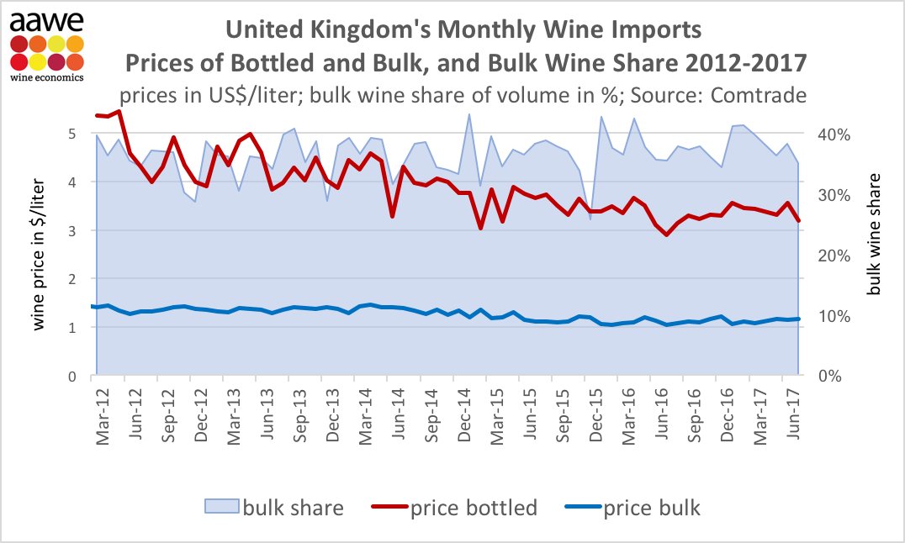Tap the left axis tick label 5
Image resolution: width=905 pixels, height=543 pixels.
[x=72, y=133]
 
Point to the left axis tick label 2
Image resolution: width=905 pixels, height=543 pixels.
[x=72, y=278]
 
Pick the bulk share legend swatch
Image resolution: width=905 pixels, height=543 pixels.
[x=221, y=508]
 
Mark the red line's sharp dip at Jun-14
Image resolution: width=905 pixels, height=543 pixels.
[x=393, y=216]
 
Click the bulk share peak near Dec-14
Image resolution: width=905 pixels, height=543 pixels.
[x=468, y=114]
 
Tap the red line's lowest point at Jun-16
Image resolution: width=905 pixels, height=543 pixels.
[x=666, y=235]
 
